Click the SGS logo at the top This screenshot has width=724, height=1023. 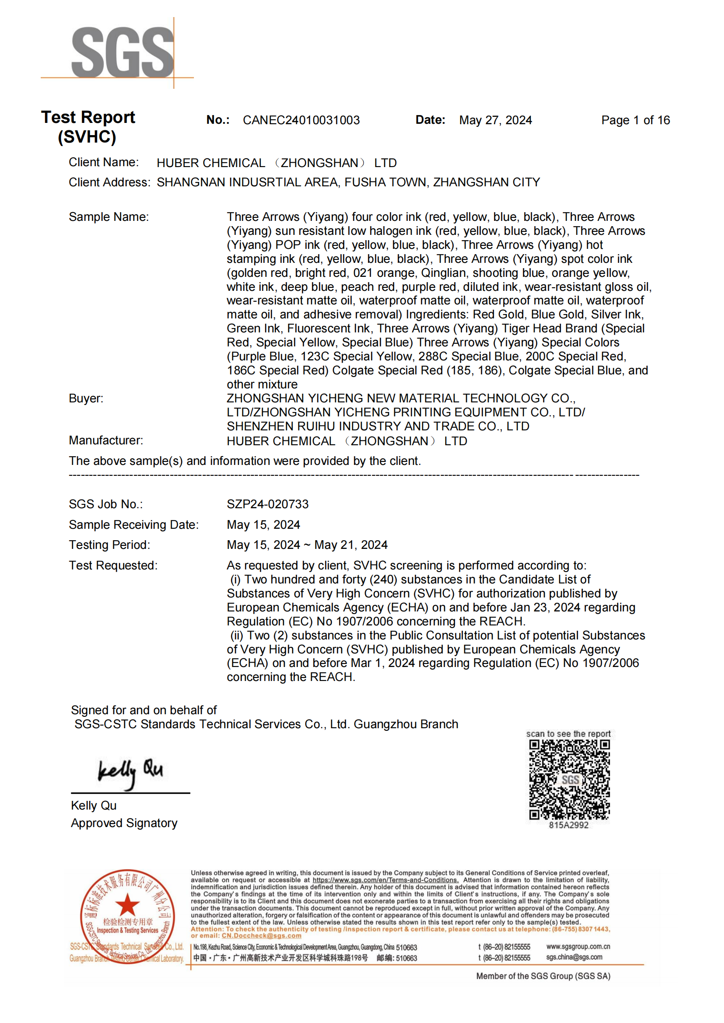[x=122, y=52]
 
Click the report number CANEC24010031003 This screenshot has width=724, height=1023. [x=301, y=120]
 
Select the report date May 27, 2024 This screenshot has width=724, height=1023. [x=496, y=120]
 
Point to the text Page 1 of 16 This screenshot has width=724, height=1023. [x=635, y=120]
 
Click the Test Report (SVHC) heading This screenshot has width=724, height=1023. [x=88, y=127]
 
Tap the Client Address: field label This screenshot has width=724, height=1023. [x=109, y=182]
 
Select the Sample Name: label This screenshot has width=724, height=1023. [x=109, y=217]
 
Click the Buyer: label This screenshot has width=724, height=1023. [x=86, y=398]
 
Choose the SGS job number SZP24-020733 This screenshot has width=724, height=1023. [x=267, y=504]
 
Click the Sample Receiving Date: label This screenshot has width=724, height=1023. [x=134, y=525]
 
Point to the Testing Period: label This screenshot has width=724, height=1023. [x=109, y=545]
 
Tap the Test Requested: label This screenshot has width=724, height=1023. [x=113, y=566]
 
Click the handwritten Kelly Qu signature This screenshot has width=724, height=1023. [x=130, y=773]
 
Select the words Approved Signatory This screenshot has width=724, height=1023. [x=124, y=823]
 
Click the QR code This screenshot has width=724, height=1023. [x=569, y=780]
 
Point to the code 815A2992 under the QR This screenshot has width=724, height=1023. [x=569, y=825]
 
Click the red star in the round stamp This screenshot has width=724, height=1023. [x=127, y=904]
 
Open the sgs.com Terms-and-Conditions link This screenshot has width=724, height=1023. [x=385, y=880]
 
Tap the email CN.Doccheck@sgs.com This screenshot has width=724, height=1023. [x=261, y=936]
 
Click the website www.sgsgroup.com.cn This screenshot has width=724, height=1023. [x=578, y=946]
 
